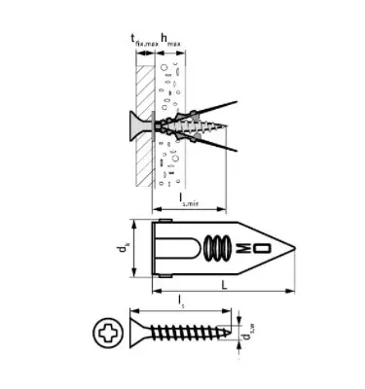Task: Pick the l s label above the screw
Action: [x=182, y=305]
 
